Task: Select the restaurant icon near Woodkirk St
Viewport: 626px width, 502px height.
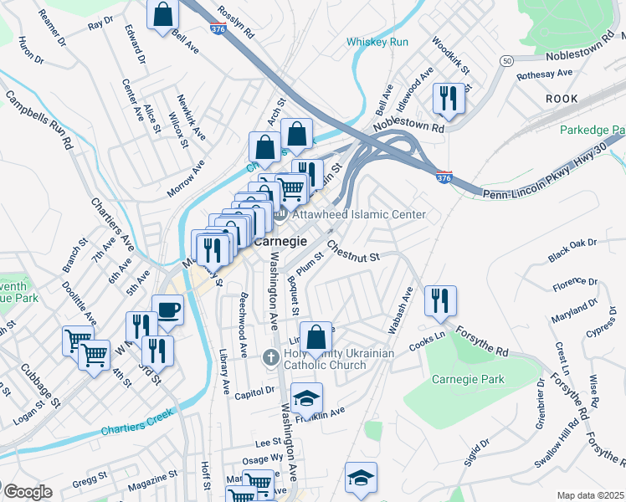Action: click(x=449, y=99)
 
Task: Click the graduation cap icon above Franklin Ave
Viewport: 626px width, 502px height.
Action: click(x=307, y=397)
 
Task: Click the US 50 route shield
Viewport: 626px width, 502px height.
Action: click(x=506, y=61)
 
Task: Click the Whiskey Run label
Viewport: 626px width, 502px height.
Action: click(x=377, y=42)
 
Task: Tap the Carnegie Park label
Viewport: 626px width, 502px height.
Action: click(x=468, y=379)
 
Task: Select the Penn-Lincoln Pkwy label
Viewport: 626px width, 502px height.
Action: click(x=552, y=177)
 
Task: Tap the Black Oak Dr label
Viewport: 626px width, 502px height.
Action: click(x=572, y=249)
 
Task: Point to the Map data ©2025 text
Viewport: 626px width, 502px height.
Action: click(x=590, y=495)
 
